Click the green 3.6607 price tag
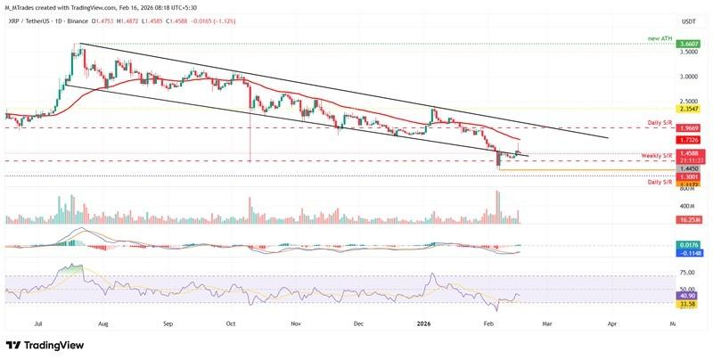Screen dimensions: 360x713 (687, 44)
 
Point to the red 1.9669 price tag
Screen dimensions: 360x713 (687, 127)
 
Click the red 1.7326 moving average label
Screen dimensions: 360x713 (687, 140)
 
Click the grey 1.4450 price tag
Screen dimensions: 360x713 (687, 168)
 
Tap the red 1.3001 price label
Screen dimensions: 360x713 (687, 176)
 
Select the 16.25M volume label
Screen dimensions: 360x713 (687, 218)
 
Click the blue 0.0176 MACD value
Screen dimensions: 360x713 (687, 244)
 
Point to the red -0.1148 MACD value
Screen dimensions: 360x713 (687, 252)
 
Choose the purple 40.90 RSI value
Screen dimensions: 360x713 (687, 295)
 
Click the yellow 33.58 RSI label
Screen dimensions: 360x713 (687, 304)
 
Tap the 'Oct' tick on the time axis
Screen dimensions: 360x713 (230, 325)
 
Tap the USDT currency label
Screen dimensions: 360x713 (687, 21)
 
